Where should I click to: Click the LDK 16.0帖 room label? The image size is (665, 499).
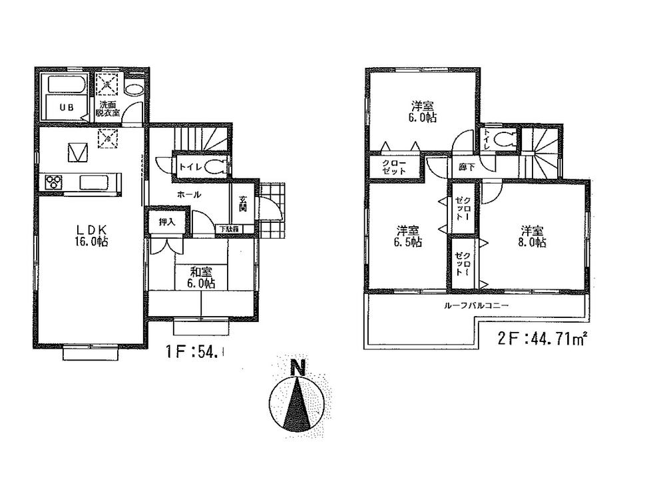pyautogui.click(x=88, y=235)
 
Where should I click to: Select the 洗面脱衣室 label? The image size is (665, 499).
pyautogui.click(x=109, y=109)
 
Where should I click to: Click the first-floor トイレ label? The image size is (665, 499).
pyautogui.click(x=188, y=167)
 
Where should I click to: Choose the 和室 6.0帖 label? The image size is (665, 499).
pyautogui.click(x=194, y=276)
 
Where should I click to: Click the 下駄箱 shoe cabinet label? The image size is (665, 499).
pyautogui.click(x=228, y=230)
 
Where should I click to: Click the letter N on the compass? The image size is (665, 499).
pyautogui.click(x=298, y=367)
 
